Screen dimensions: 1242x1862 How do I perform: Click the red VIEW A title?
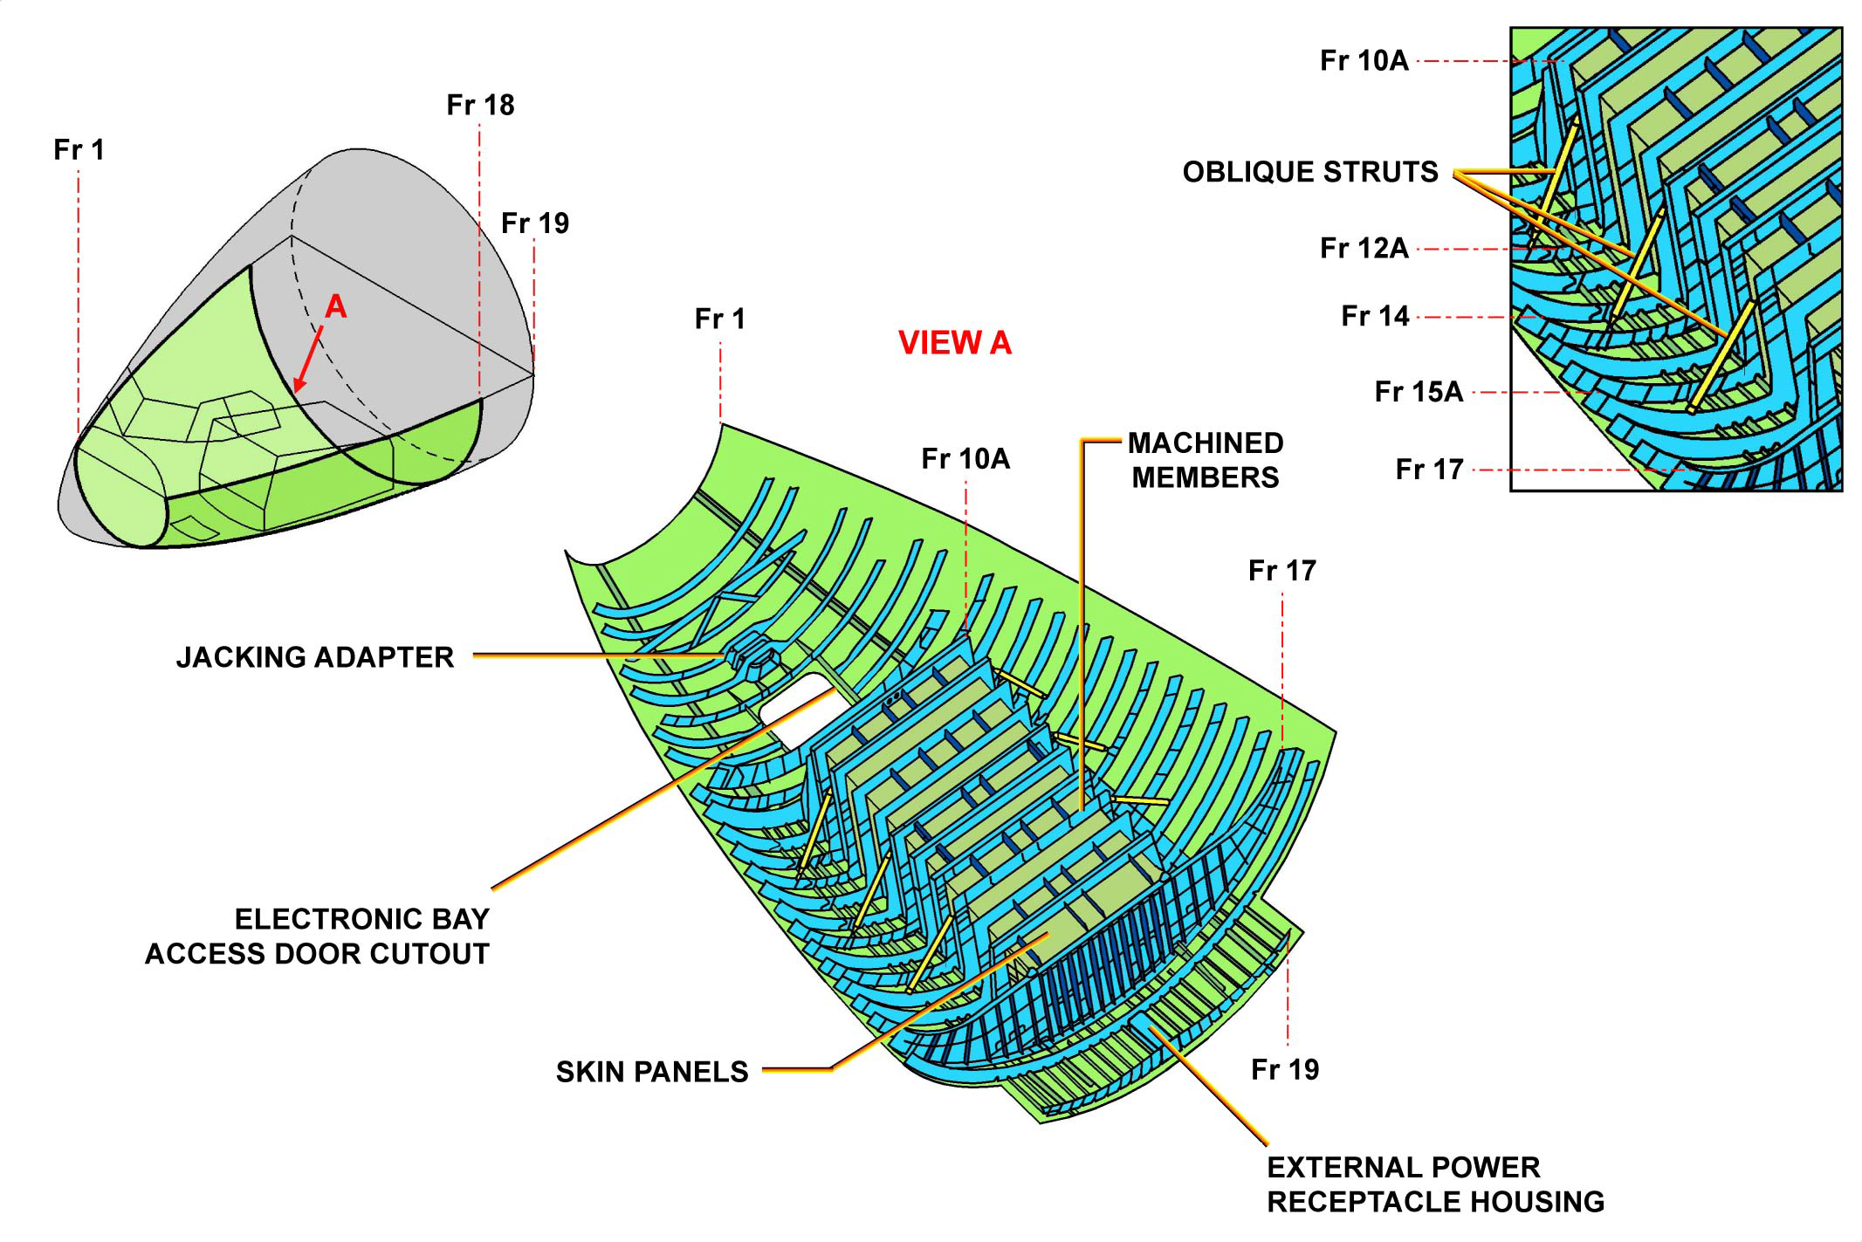(x=955, y=343)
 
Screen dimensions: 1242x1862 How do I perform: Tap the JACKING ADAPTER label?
(x=315, y=657)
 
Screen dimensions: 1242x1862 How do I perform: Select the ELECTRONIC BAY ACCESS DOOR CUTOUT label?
(x=318, y=936)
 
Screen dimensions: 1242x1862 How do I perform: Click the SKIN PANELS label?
(x=652, y=1072)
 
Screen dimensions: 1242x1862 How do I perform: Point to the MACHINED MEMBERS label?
(x=1206, y=460)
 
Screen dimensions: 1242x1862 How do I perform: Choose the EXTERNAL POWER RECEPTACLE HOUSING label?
(x=1435, y=1184)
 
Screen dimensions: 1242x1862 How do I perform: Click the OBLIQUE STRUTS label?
(x=1310, y=172)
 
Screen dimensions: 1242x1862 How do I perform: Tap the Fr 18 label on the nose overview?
(x=480, y=106)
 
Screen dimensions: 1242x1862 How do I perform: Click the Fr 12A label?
(x=1364, y=249)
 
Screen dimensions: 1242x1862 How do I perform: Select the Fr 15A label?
(x=1419, y=392)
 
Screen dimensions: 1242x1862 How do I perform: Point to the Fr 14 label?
(x=1375, y=316)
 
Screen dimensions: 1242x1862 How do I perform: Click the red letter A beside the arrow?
(x=336, y=307)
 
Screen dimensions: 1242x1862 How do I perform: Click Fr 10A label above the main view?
(x=965, y=459)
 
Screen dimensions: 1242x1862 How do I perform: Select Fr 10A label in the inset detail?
(x=1364, y=61)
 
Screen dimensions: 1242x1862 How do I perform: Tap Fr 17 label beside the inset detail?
(x=1429, y=470)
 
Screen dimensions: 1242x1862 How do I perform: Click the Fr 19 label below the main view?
(x=1285, y=1069)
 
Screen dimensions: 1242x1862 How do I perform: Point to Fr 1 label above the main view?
(x=720, y=319)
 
